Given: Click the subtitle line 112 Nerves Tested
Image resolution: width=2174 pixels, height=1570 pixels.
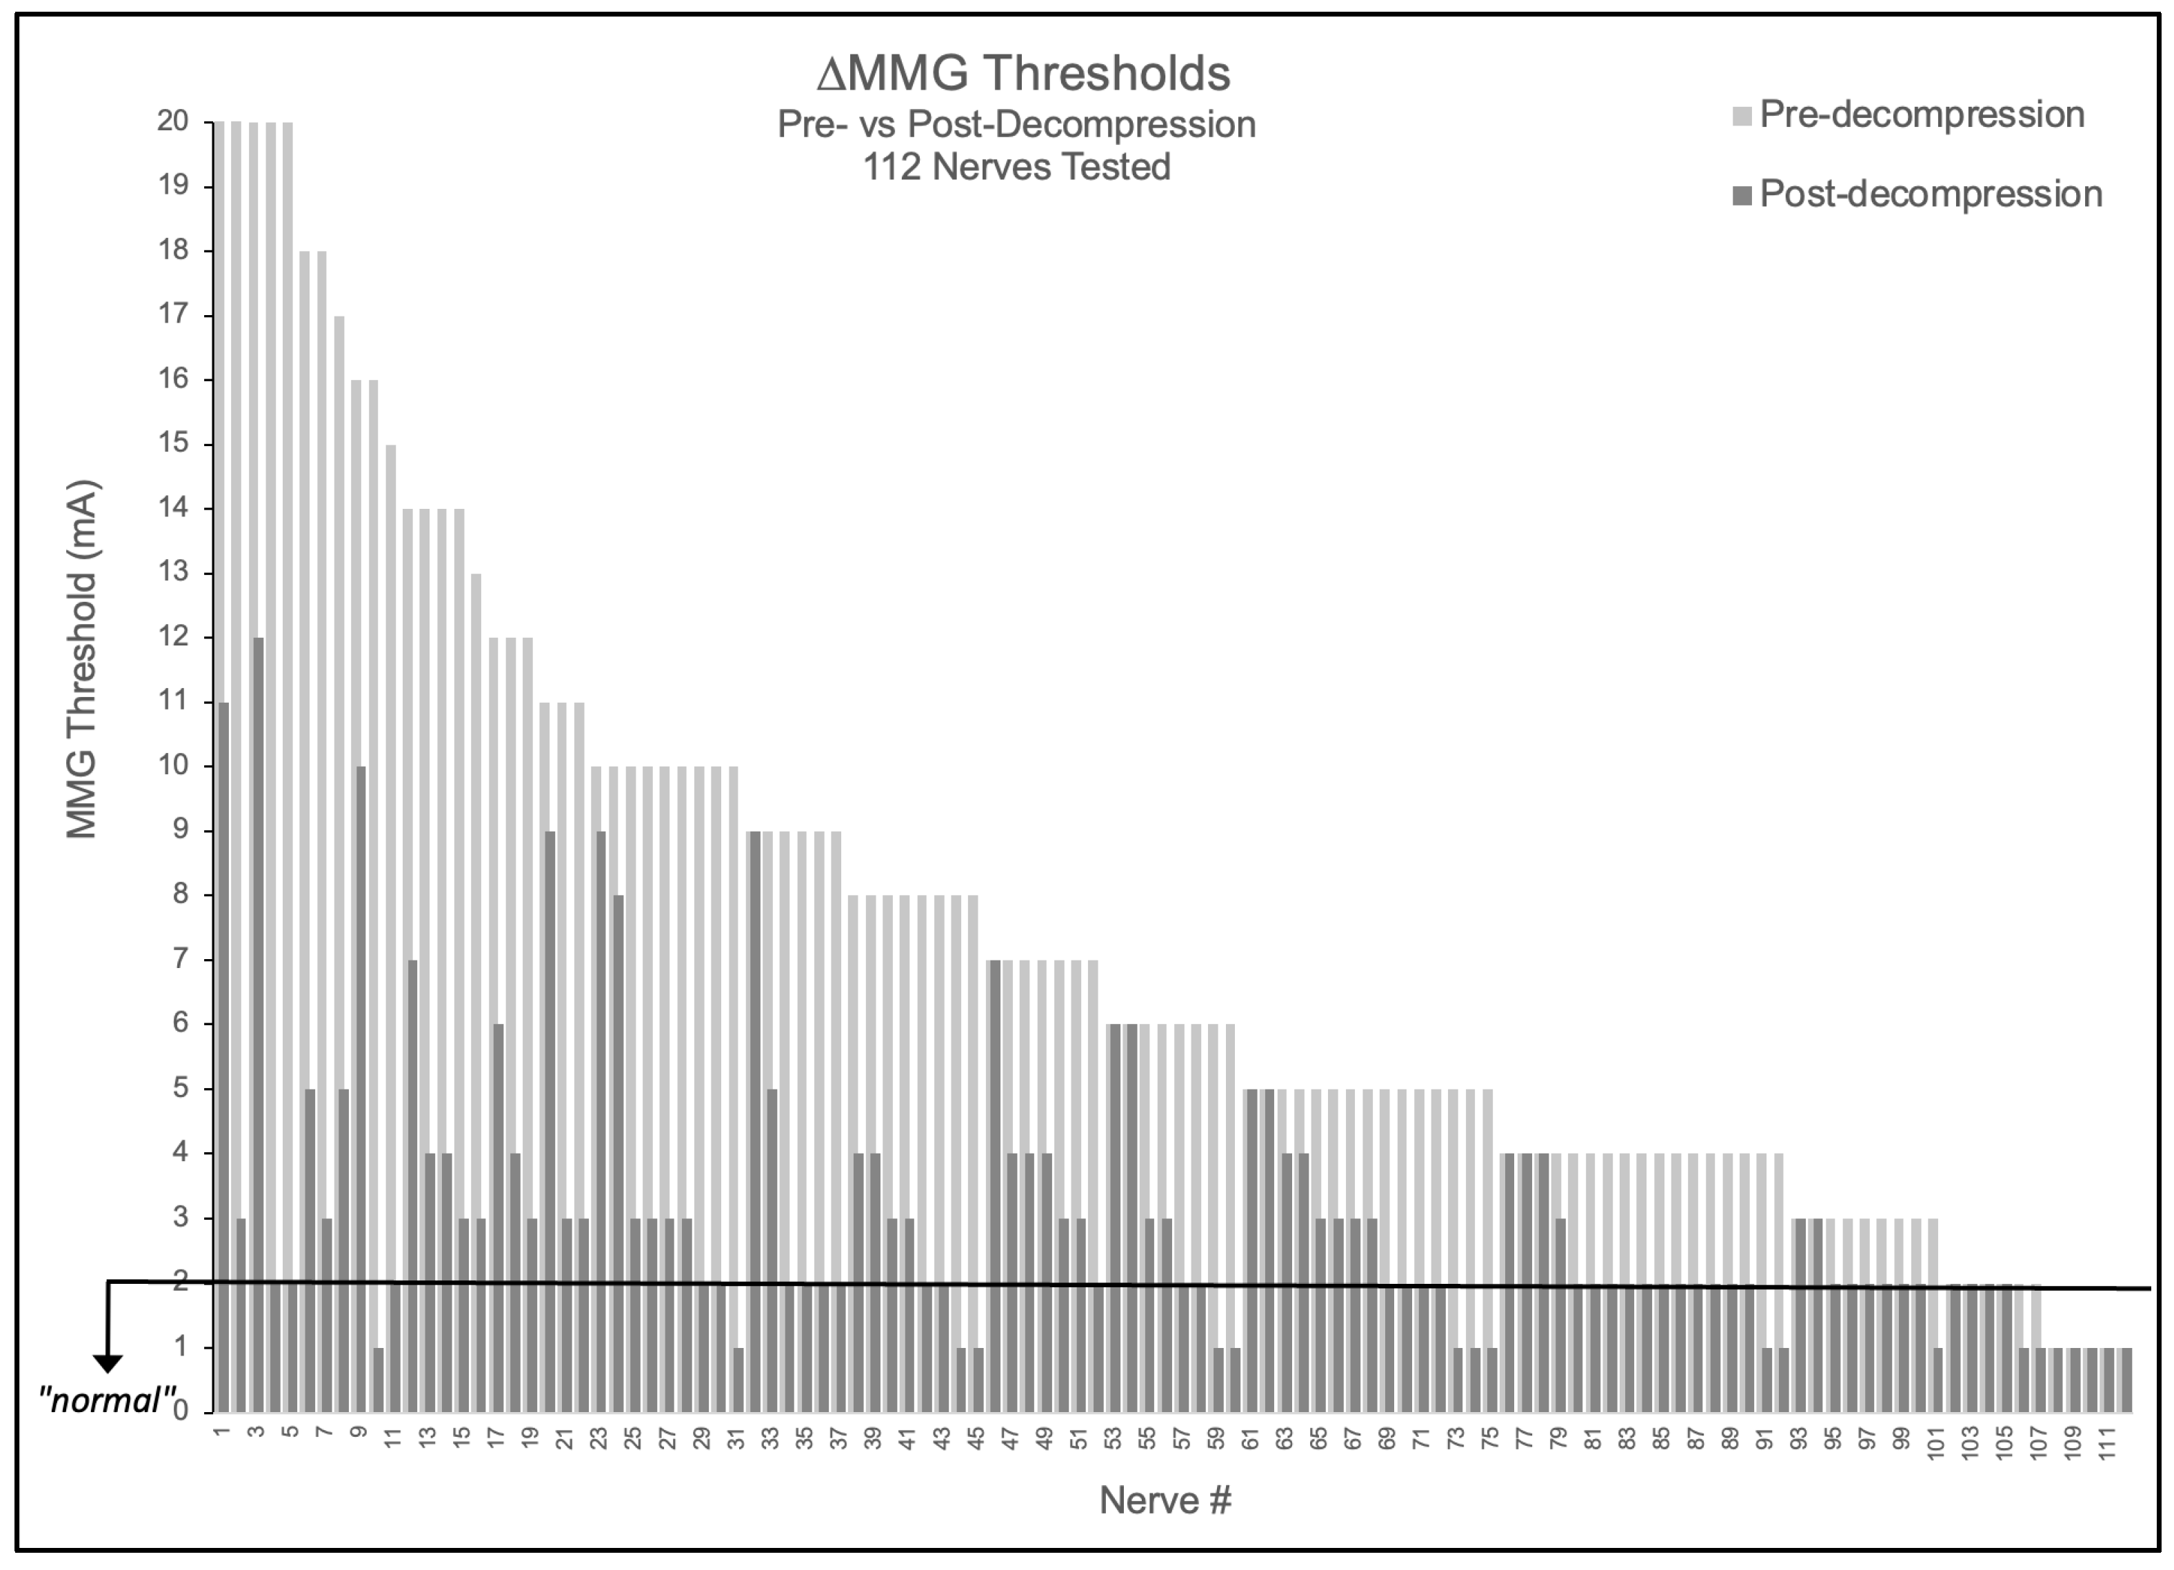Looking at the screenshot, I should (x=1016, y=168).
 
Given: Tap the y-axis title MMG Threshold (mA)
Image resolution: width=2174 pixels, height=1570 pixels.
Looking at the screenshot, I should (x=83, y=659).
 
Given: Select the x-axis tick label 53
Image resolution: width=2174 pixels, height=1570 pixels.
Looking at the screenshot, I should (x=1113, y=1440).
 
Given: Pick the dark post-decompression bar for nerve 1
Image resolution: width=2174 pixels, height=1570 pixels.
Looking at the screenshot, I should (x=223, y=1054).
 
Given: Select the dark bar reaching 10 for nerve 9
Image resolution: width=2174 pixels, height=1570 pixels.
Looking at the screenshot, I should (x=361, y=1088).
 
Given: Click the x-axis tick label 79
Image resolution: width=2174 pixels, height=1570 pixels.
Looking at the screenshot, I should (x=1558, y=1440).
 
